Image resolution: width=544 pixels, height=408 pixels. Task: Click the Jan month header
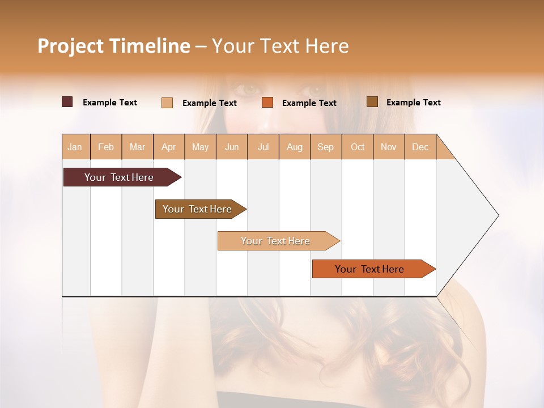point(75,147)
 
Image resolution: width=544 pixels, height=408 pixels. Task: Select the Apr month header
point(169,147)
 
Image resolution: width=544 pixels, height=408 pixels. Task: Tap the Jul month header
point(263,147)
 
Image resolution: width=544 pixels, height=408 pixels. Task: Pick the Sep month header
point(325,147)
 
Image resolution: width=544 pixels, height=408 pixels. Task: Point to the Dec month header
point(420,147)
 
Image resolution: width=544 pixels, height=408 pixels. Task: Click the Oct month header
point(358,147)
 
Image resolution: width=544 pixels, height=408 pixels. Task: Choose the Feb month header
point(106,147)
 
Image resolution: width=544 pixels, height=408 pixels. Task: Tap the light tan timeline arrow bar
point(276,241)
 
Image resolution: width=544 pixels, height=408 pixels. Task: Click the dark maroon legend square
point(67,102)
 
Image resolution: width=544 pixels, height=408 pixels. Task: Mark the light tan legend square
point(167,103)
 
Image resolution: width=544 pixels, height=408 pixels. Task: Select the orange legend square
point(267,103)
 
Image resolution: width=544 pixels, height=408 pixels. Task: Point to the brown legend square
point(372,102)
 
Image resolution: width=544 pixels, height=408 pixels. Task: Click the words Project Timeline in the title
point(113,45)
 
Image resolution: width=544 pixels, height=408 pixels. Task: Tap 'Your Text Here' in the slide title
point(280,45)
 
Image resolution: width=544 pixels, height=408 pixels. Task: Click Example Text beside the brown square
point(413,102)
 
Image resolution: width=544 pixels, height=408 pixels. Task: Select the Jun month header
point(232,147)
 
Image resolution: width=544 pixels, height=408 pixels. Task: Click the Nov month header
point(389,147)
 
